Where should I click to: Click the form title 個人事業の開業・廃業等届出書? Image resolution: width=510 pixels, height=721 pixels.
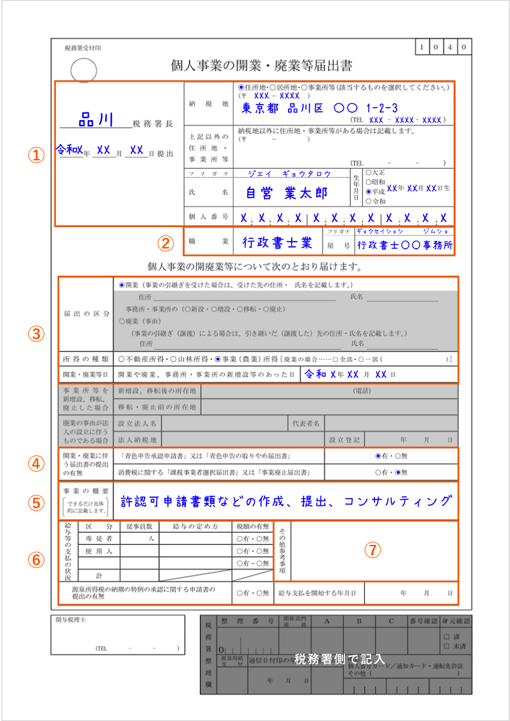click(262, 65)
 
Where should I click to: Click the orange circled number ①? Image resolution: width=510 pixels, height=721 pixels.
click(37, 155)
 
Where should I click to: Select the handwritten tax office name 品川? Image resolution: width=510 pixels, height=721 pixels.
click(96, 120)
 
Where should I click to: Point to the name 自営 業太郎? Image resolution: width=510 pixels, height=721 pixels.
click(287, 193)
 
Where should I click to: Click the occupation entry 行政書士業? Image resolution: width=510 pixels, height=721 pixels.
click(277, 243)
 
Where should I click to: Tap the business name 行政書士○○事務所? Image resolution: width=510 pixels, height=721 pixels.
click(404, 245)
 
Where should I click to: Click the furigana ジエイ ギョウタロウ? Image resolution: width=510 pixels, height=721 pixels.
click(289, 174)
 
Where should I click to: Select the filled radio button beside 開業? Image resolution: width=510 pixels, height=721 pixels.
click(122, 285)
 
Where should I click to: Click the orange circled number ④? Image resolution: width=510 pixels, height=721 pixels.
click(37, 464)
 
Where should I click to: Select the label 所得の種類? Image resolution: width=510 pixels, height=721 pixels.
click(85, 359)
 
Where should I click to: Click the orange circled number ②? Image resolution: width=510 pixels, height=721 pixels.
click(164, 243)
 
